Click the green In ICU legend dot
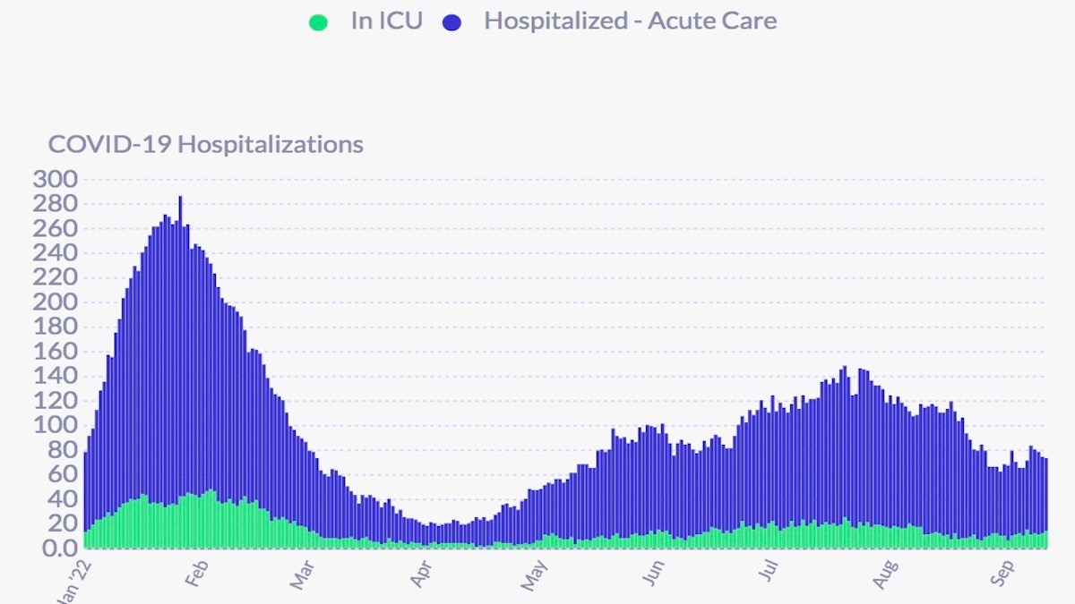tap(318, 22)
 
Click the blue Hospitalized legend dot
tap(451, 22)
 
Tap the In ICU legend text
tap(386, 21)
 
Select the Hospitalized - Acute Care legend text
tap(630, 21)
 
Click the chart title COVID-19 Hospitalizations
tap(205, 145)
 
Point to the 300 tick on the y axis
tap(55, 179)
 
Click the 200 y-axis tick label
tap(55, 302)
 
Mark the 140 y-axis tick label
tap(55, 376)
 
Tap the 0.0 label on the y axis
tap(55, 548)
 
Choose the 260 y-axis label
tap(55, 228)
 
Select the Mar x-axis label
tap(303, 574)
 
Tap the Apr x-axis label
tap(421, 574)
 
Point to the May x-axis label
tap(535, 574)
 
